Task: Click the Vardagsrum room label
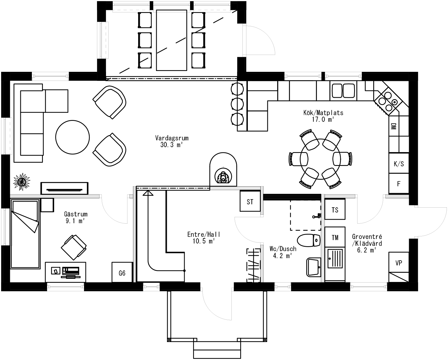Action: pos(171,138)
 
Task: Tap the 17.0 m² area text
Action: pos(323,119)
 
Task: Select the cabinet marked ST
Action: pos(250,201)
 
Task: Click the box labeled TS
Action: pos(335,210)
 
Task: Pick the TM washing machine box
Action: pos(335,237)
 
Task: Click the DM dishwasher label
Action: pos(393,127)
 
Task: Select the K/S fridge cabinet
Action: pos(398,164)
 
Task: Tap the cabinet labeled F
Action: pos(398,184)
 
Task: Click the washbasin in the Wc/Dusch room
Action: pos(313,267)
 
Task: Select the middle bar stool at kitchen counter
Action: pos(237,104)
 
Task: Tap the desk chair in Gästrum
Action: pos(74,247)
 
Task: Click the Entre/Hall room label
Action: pos(204,234)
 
